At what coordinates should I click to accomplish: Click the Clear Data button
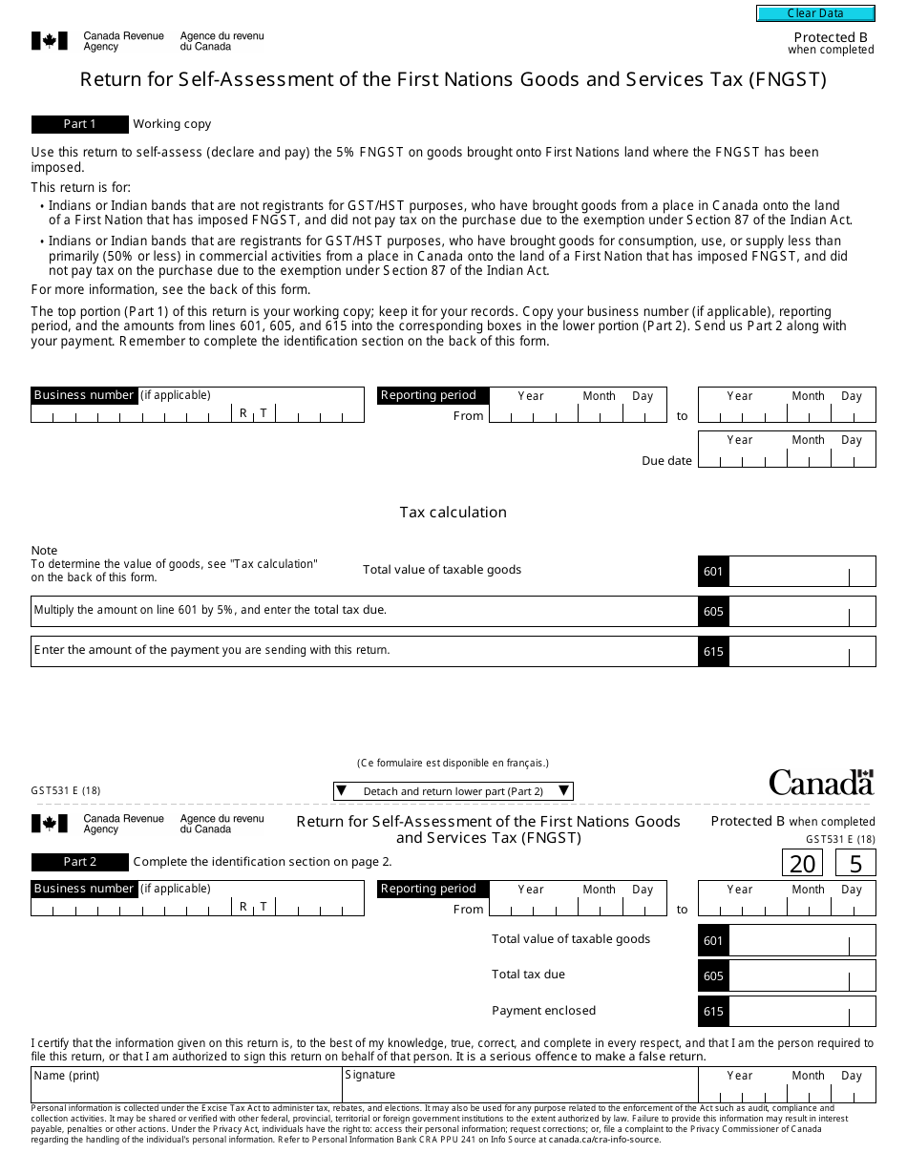click(815, 13)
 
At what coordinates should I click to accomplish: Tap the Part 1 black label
click(79, 124)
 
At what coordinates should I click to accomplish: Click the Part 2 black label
click(79, 862)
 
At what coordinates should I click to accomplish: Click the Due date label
click(666, 461)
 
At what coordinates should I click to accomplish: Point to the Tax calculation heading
click(453, 513)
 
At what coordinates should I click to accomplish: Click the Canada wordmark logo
click(821, 783)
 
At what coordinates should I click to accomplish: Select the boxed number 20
click(803, 864)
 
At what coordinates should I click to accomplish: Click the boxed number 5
click(855, 864)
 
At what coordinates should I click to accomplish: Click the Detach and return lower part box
click(453, 791)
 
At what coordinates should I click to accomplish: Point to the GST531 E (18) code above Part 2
click(66, 790)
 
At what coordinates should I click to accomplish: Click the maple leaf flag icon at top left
click(50, 40)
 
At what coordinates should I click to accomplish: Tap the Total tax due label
click(528, 975)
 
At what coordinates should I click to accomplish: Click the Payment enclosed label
click(543, 1011)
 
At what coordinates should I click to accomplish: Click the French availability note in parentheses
click(453, 763)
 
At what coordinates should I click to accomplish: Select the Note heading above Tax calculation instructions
click(44, 551)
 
